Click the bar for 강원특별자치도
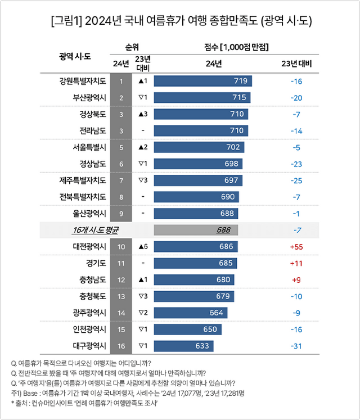(x=202, y=81)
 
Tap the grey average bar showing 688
(x=195, y=230)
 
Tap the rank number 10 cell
(x=121, y=247)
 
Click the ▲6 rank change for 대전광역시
(x=143, y=247)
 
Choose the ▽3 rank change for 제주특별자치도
(x=143, y=180)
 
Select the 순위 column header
(x=132, y=46)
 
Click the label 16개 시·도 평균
(x=96, y=230)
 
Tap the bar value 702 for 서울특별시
(x=232, y=147)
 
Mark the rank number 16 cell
(x=121, y=346)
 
